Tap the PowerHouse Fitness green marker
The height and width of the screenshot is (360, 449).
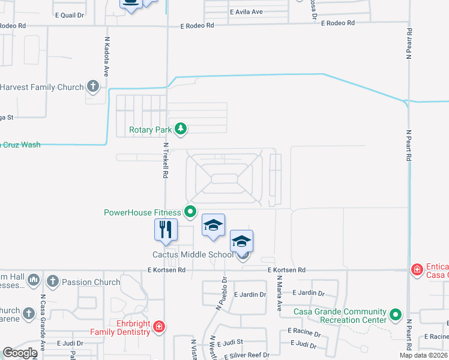[x=190, y=211]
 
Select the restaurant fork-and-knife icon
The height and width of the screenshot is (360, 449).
[x=166, y=229]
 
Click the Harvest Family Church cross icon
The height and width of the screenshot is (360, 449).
[x=92, y=87]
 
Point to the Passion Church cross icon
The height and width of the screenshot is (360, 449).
[x=52, y=281]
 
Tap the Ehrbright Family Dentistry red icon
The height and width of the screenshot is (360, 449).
[x=158, y=326]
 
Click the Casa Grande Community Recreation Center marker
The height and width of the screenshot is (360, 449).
[x=395, y=314]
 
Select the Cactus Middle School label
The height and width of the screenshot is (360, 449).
[x=192, y=254]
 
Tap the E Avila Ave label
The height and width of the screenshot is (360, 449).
[x=246, y=12]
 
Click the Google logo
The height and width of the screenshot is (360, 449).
[x=19, y=353]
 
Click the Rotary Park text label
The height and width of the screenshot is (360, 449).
[x=150, y=129]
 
